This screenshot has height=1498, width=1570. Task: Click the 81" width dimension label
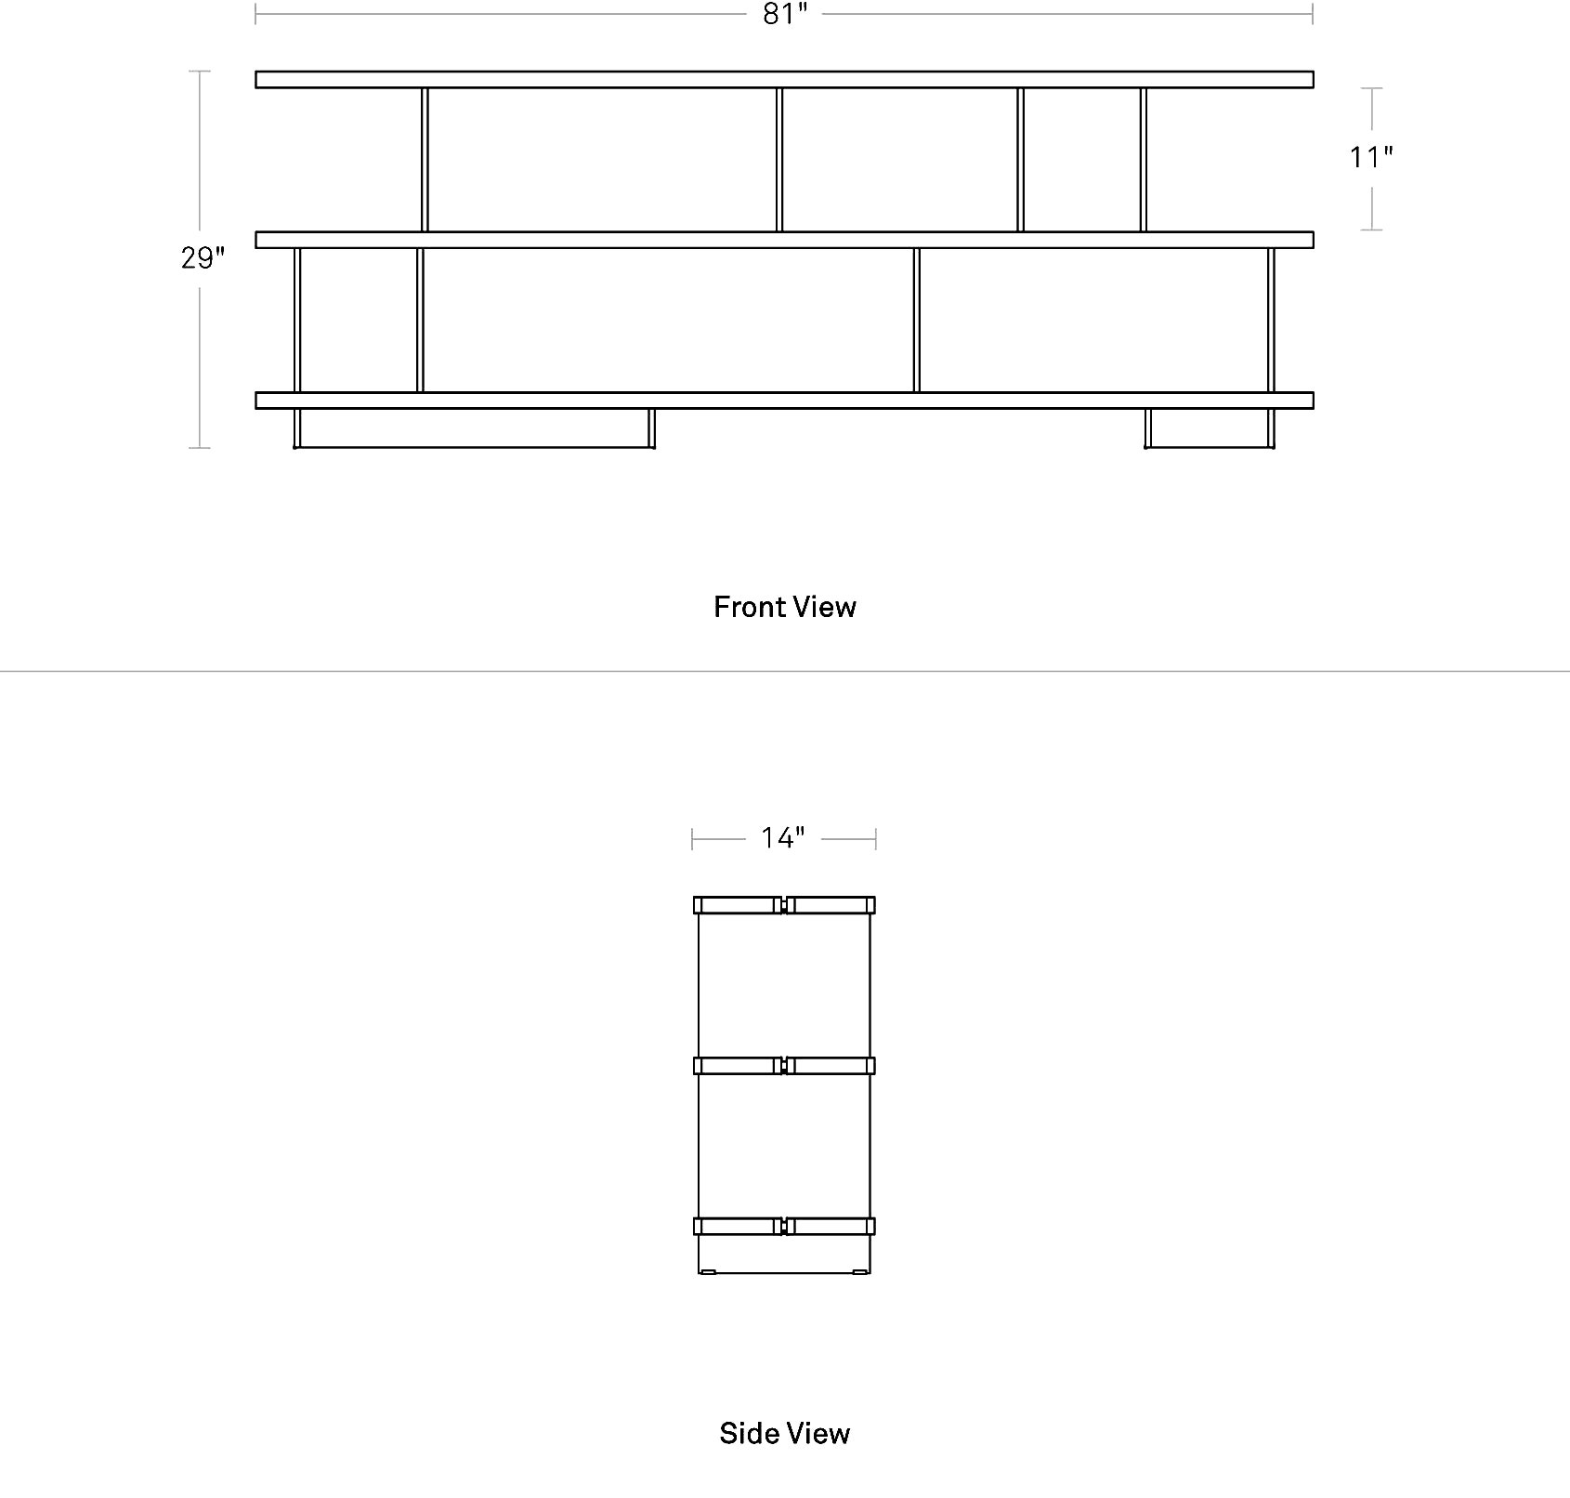[x=784, y=15]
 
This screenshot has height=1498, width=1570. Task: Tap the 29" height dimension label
[x=203, y=257]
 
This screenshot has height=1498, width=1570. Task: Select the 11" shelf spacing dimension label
[x=1371, y=157]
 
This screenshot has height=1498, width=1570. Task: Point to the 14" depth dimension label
[x=783, y=838]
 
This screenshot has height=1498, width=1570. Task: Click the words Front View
[x=785, y=607]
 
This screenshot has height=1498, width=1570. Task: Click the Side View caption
[x=785, y=1433]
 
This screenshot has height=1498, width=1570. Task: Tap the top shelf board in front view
[x=784, y=80]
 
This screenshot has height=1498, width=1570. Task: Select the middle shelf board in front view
[x=784, y=240]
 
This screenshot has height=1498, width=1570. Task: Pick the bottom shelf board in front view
[x=784, y=401]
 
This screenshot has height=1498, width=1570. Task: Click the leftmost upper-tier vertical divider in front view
[x=425, y=160]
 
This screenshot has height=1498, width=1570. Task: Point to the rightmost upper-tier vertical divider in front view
[x=1144, y=160]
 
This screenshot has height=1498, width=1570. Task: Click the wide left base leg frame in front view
[x=474, y=446]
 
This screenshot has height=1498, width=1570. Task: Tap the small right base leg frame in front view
[x=1210, y=446]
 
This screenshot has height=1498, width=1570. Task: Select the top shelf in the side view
[x=784, y=905]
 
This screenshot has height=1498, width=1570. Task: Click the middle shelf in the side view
[x=784, y=1066]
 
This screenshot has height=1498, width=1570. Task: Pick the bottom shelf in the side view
[x=784, y=1227]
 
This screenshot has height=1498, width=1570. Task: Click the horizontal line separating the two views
[x=785, y=671]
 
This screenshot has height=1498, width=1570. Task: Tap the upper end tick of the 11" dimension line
[x=1371, y=88]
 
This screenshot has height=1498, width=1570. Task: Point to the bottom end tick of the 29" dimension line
[x=199, y=448]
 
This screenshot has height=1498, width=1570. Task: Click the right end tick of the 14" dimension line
[x=875, y=839]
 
